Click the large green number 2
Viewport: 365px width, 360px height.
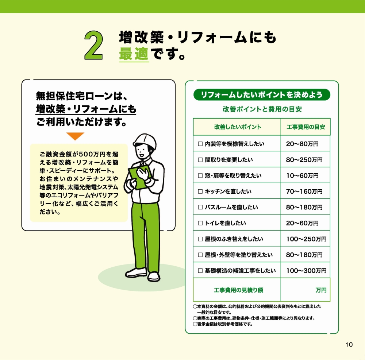tap(94, 45)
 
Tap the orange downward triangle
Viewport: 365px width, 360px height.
tap(75, 136)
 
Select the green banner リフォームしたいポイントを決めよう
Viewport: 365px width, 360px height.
tap(262, 95)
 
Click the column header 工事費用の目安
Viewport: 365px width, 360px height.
tap(306, 127)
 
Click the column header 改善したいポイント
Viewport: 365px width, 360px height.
tap(237, 127)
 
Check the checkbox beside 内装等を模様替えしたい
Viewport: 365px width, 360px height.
tap(200, 144)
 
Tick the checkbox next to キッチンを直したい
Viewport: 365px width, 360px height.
tap(200, 191)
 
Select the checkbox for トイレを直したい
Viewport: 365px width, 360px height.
tap(200, 223)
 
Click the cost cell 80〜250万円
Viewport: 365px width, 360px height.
tap(304, 160)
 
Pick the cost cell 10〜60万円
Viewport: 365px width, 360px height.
tap(302, 176)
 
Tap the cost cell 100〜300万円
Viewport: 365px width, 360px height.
tap(306, 271)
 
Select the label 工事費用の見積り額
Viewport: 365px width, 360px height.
tap(238, 290)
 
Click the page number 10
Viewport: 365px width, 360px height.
tap(349, 345)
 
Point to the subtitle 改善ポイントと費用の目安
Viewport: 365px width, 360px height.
tap(262, 109)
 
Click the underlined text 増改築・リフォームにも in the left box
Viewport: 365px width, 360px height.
tap(86, 109)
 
